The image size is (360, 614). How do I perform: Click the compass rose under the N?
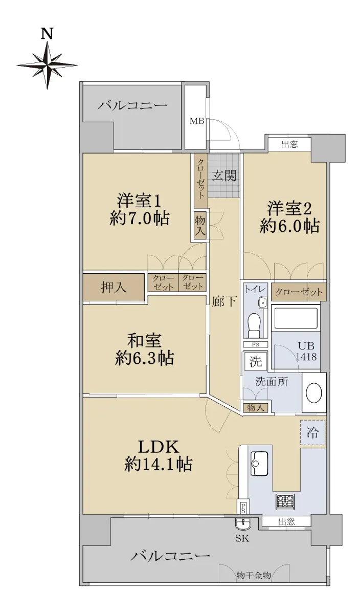[x=47, y=65]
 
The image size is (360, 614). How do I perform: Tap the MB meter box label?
[x=197, y=121]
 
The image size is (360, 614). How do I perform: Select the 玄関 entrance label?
[x=224, y=176]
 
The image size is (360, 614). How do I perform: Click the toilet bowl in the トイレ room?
[x=255, y=325]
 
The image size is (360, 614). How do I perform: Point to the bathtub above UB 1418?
[x=296, y=318]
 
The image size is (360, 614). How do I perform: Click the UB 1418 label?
[x=306, y=351]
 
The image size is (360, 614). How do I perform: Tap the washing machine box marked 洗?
[x=255, y=361]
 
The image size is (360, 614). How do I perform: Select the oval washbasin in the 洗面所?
[x=314, y=393]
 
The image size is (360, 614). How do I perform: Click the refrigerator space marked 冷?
[x=312, y=432]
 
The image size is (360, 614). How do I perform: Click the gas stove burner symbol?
[x=285, y=501]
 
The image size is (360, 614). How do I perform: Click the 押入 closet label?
[x=114, y=287]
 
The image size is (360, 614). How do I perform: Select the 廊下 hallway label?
[x=224, y=301]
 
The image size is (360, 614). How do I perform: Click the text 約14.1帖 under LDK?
[x=159, y=465]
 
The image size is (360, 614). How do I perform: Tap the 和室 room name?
[x=145, y=340]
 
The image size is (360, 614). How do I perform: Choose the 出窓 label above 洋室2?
[x=289, y=144]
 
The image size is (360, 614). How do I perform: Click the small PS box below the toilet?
[x=255, y=345]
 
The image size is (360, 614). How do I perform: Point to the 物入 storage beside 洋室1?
[x=200, y=226]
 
